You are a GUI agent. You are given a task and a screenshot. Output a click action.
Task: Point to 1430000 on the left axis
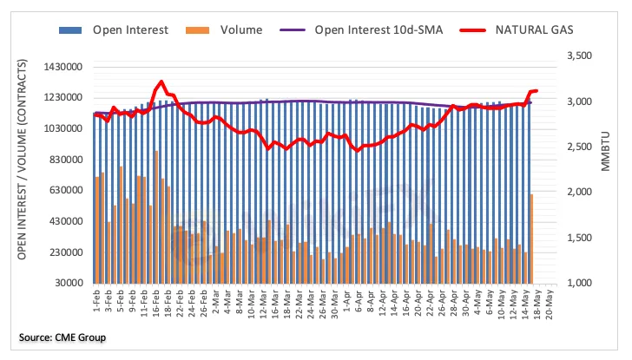(61, 67)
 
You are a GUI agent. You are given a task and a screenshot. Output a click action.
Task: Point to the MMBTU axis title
(607, 165)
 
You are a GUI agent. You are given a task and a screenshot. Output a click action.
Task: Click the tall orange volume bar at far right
(531, 238)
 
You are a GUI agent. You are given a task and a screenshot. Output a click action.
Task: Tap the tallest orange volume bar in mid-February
(156, 217)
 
